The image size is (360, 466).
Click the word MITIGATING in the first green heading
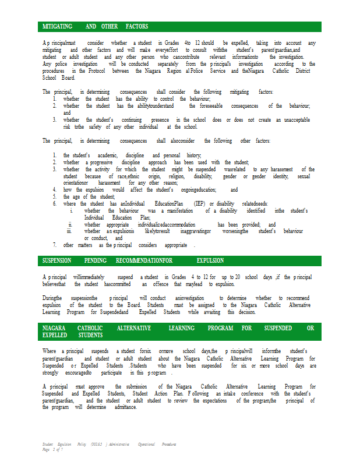click(57, 27)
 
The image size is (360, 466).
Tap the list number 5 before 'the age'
click(54, 197)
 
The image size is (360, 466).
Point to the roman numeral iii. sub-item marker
click(69, 231)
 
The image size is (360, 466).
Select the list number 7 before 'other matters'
click(54, 245)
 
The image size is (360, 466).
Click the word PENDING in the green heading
click(96, 261)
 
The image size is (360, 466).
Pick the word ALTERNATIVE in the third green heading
click(133, 329)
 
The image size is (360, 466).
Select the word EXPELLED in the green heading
click(55, 335)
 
